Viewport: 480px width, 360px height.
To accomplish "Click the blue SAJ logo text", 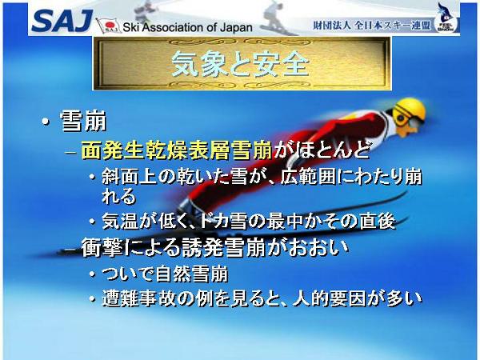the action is pos(62,21).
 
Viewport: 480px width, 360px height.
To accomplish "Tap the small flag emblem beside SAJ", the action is pos(108,26).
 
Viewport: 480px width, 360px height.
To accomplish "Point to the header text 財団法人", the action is pos(331,25).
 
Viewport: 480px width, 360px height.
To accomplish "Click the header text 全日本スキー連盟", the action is pos(393,25).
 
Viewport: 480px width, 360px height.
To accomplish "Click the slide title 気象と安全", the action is pos(240,64).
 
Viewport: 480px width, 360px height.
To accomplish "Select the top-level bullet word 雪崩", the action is pos(83,122).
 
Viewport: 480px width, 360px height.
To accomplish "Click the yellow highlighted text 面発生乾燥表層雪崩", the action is pos(177,150).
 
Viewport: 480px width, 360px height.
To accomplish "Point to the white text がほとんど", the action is pos(321,150).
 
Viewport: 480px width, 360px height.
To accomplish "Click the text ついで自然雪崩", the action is pos(165,274).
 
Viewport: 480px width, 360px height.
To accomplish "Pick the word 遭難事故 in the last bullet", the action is pos(138,298).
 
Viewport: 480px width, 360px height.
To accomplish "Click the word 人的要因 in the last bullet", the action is pos(330,298).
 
